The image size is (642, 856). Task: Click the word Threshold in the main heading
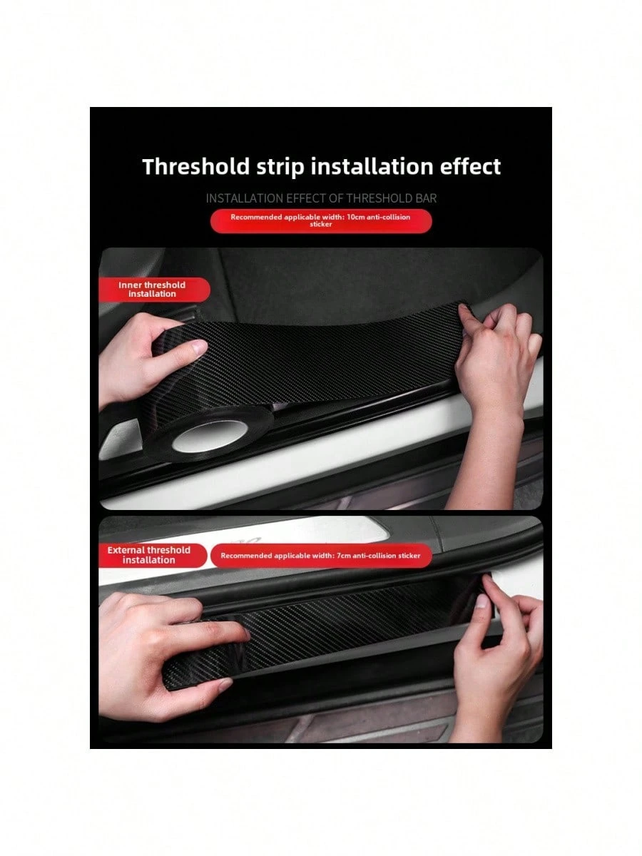click(x=196, y=166)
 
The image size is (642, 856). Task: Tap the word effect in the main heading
click(x=471, y=166)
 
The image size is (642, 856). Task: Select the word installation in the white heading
click(x=372, y=166)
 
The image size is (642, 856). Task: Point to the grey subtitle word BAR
click(x=426, y=198)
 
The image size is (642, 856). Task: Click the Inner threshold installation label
click(x=152, y=290)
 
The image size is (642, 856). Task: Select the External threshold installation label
click(x=149, y=555)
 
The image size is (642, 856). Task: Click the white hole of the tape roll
click(x=210, y=436)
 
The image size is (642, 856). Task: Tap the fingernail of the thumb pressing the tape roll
click(x=199, y=347)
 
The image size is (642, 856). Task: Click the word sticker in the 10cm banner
click(x=321, y=224)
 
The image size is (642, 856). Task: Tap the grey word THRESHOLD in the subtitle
click(x=379, y=198)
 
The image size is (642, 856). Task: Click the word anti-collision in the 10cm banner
click(x=388, y=217)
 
